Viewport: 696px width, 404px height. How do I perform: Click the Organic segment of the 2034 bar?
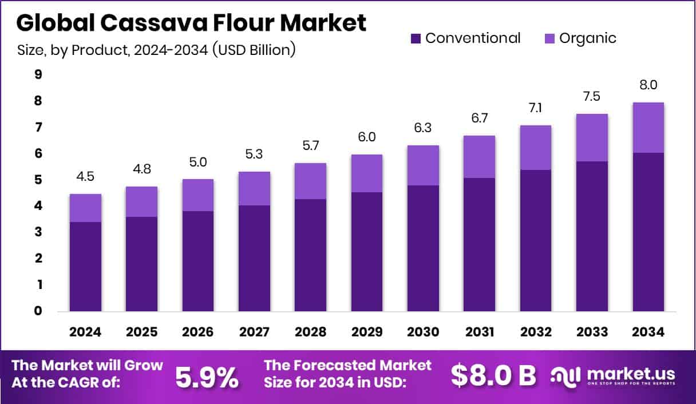[x=648, y=128]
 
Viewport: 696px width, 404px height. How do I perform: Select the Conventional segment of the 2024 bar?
[x=85, y=266]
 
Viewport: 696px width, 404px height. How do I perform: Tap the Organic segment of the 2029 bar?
[x=367, y=173]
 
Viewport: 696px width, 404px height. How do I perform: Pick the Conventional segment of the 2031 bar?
[x=479, y=244]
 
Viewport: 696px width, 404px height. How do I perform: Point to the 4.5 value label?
[x=85, y=177]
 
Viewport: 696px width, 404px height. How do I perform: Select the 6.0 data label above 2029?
[x=367, y=138]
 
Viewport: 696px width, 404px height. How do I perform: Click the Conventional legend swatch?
[x=416, y=39]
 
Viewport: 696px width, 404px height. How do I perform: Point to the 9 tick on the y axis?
[x=38, y=74]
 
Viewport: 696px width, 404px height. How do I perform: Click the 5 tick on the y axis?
[x=38, y=180]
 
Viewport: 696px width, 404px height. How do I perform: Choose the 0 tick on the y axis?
[x=38, y=311]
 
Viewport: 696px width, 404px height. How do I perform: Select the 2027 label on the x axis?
[x=254, y=332]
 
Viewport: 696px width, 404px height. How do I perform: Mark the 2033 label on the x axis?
[x=592, y=332]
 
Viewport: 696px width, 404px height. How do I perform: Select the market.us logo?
[x=613, y=375]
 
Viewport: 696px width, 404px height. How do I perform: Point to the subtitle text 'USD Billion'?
[x=255, y=50]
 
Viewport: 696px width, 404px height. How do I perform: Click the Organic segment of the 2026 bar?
[x=198, y=195]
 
